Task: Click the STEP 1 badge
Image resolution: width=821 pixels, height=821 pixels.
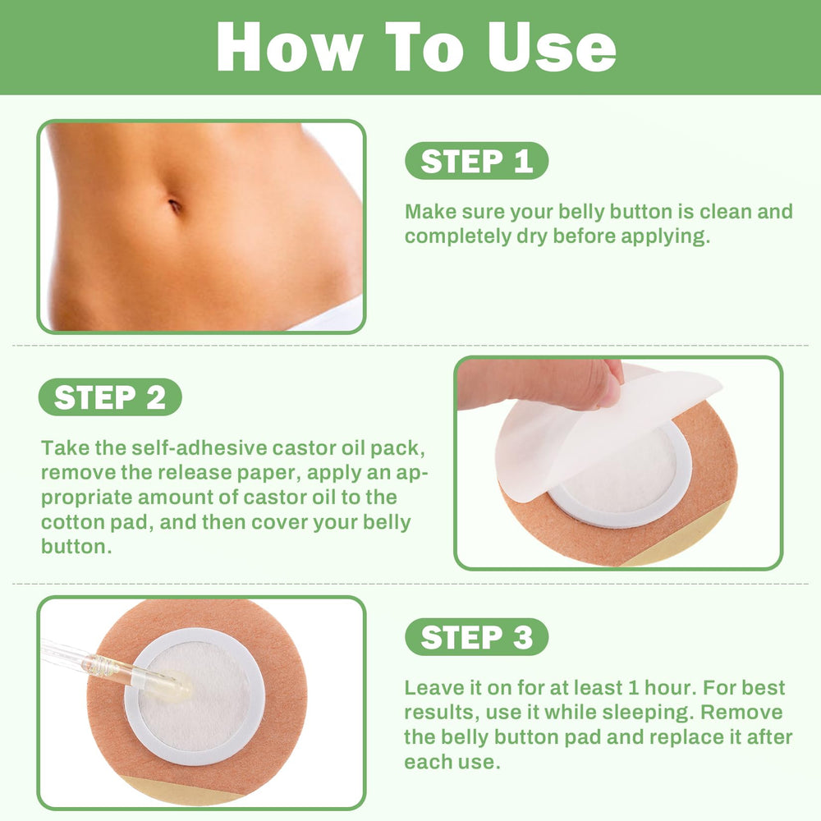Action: (x=476, y=161)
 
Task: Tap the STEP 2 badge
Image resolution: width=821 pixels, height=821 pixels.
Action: (x=110, y=397)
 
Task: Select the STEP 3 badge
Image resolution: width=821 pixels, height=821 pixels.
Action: (x=476, y=637)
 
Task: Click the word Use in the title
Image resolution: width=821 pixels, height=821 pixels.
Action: (x=552, y=47)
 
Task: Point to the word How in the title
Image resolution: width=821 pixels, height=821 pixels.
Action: (x=290, y=47)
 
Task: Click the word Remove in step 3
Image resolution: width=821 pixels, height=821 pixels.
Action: (x=741, y=713)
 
